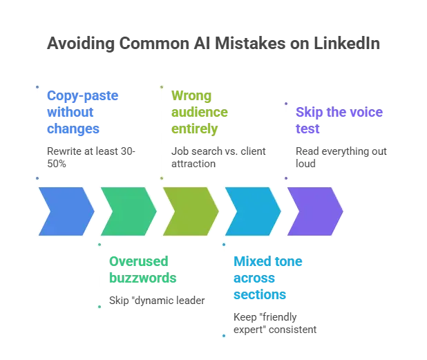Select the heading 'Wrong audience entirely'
[200, 112]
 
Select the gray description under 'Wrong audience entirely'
[220, 157]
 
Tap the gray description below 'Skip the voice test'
[340, 157]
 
